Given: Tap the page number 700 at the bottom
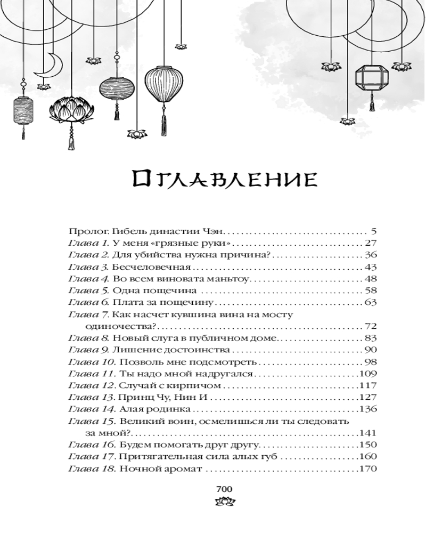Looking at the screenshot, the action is click(224, 489).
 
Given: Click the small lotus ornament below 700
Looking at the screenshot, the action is click(225, 501).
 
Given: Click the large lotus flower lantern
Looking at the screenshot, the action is click(71, 109).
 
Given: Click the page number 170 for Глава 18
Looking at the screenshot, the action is click(368, 469).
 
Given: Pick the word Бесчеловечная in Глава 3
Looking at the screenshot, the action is click(152, 267).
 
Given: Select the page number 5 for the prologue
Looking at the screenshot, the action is click(374, 232).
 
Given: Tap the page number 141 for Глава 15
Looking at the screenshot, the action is click(368, 433).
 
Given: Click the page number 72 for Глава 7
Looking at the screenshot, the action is click(371, 326).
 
